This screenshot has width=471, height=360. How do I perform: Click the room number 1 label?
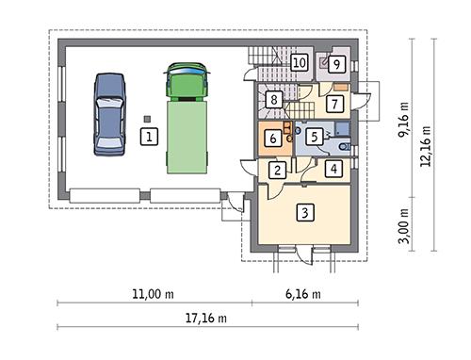point(147,138)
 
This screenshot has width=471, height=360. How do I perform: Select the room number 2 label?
point(278,171)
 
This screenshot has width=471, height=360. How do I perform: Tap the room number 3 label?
point(303,213)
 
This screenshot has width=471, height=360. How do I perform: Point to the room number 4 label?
point(333,171)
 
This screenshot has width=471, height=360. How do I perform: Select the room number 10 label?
point(299,63)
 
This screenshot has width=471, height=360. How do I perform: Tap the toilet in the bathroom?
point(343,145)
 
